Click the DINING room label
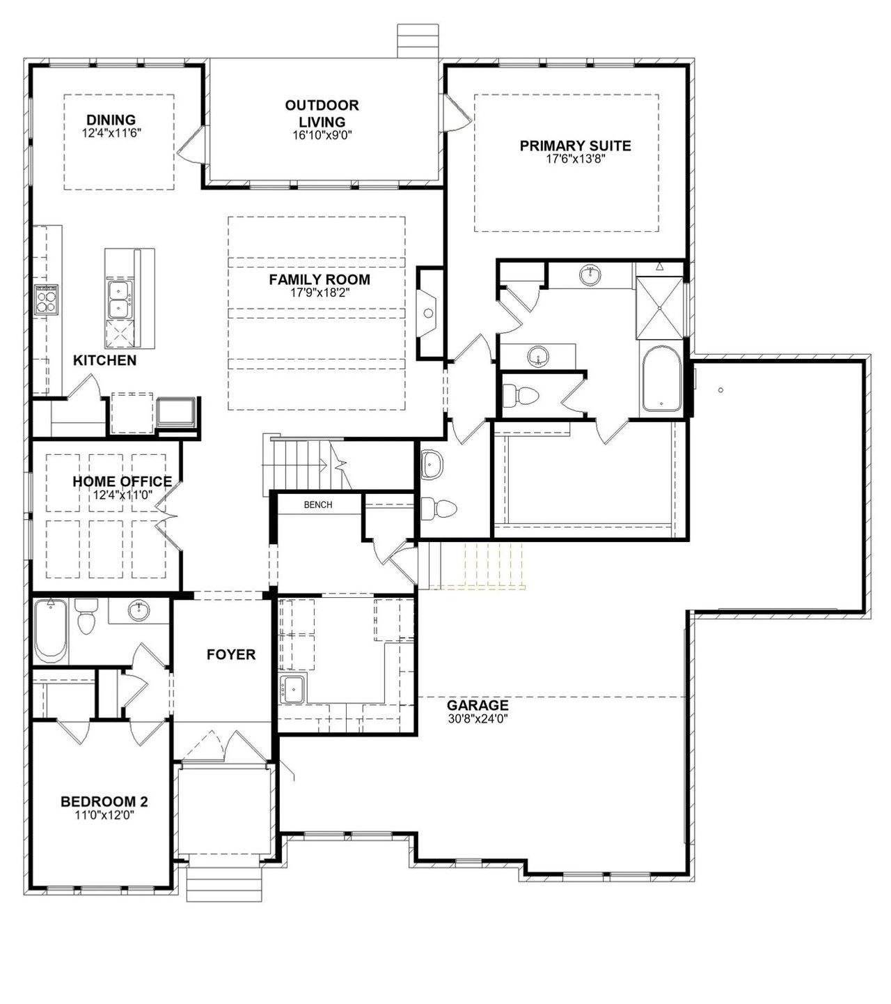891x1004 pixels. coord(111,120)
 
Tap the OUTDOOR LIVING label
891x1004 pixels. coord(322,114)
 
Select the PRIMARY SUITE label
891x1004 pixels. coord(576,146)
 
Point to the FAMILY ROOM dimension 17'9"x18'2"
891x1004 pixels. coord(320,293)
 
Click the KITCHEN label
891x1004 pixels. coord(105,360)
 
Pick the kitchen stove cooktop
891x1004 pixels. coord(46,300)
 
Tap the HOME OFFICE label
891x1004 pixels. coord(123,481)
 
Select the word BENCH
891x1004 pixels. coord(318,504)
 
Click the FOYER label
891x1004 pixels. coord(231,655)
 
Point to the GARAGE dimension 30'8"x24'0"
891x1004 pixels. coord(478,718)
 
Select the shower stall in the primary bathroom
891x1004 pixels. coord(660,307)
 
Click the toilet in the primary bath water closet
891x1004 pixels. coord(520,396)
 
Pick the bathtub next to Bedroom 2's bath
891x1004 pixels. coord(51,631)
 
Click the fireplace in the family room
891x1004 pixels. coord(427,313)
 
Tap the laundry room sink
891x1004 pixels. coord(293,688)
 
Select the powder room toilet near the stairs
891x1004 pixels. coord(439,509)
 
